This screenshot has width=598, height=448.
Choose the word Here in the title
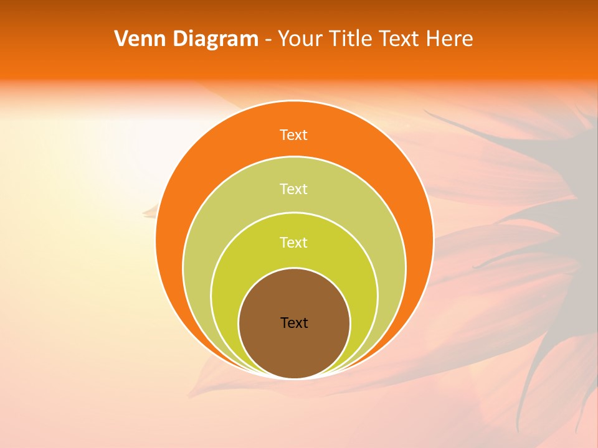[x=449, y=39]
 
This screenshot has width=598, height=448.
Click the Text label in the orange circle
[x=294, y=135]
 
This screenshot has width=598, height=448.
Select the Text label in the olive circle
[x=294, y=189]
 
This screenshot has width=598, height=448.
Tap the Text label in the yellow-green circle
[x=294, y=242]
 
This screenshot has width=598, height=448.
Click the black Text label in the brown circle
[x=294, y=323]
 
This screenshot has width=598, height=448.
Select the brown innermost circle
[x=294, y=348]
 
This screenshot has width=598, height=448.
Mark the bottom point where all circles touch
[x=294, y=378]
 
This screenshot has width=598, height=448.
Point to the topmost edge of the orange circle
[x=294, y=101]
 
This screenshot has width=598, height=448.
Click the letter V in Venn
[x=121, y=39]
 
